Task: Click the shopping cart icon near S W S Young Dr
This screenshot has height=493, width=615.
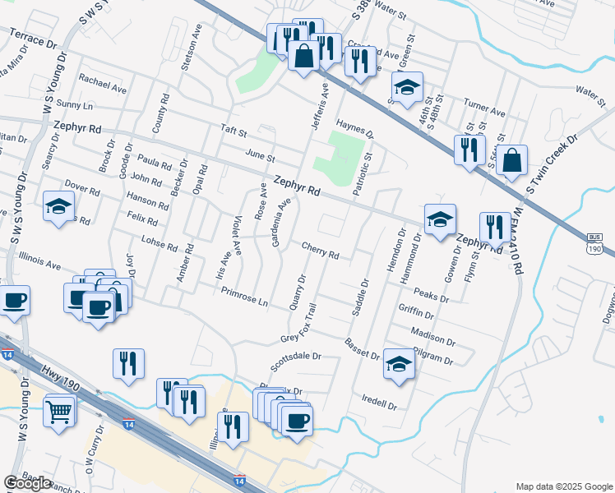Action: pos(59,410)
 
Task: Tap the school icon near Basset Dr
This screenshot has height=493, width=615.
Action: pos(399,364)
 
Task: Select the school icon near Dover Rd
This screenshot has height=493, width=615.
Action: pos(59,207)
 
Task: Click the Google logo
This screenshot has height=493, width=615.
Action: pos(27,483)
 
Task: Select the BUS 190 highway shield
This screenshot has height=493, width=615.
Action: pos(595,244)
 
